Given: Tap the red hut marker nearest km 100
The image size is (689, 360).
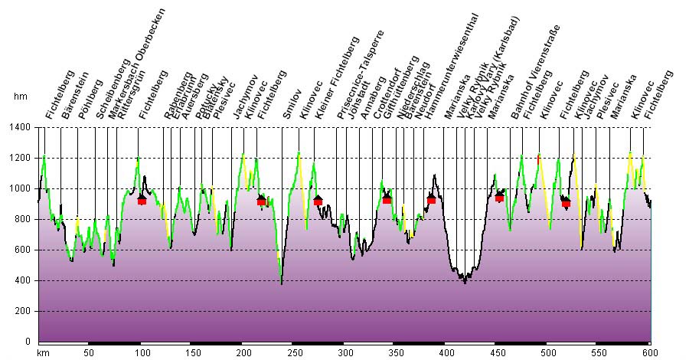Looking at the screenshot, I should (x=142, y=200).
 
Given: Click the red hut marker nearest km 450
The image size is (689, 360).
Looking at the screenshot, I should (x=499, y=197).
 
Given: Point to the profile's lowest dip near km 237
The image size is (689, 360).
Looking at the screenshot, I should (x=281, y=283).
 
